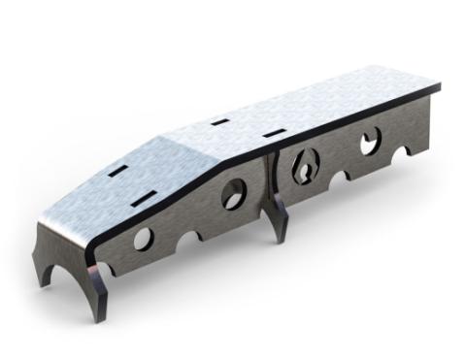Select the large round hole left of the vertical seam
234,193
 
